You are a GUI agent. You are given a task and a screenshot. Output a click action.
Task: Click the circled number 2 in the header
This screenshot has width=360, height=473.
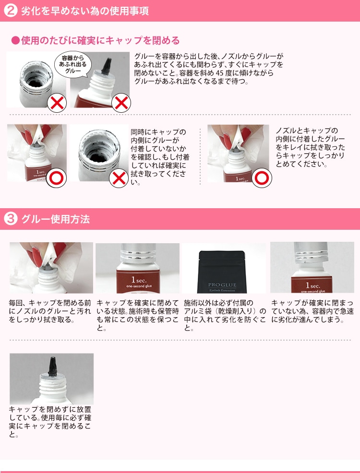click(x=11, y=11)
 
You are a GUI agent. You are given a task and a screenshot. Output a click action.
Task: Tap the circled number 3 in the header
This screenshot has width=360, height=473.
click(x=11, y=219)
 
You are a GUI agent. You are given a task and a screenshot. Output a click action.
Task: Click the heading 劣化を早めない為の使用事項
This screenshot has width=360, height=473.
click(x=85, y=11)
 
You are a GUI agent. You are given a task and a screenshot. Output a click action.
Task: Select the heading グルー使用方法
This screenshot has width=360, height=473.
click(x=56, y=219)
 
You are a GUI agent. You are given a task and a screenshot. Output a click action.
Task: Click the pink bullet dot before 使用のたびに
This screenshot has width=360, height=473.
click(x=15, y=40)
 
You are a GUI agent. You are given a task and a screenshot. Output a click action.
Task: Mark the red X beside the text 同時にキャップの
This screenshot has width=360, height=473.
click(x=119, y=178)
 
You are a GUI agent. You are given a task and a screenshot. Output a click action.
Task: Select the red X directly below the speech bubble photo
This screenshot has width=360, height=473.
click(x=121, y=103)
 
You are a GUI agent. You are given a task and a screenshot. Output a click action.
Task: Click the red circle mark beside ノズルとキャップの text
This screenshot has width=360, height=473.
click(x=262, y=178)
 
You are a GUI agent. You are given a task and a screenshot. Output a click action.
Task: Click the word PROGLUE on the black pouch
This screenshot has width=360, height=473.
click(x=222, y=285)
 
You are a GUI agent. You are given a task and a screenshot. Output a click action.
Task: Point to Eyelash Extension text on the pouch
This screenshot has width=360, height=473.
click(x=222, y=290)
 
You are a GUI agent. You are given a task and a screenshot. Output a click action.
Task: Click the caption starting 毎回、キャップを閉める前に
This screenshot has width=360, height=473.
click(x=50, y=311)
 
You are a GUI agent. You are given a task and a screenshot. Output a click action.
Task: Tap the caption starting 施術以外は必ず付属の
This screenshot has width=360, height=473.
click(x=225, y=316)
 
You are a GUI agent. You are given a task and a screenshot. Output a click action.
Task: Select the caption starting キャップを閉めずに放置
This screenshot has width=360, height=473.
click(x=50, y=422)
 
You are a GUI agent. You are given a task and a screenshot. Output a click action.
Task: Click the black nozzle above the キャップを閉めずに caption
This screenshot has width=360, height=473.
click(x=52, y=366)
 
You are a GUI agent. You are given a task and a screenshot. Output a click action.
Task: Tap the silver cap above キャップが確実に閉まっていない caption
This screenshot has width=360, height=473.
click(x=311, y=252)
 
